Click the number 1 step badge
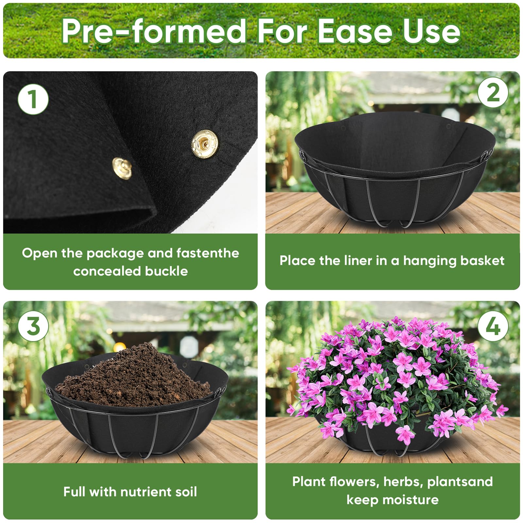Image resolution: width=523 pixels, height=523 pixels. pos(33,99)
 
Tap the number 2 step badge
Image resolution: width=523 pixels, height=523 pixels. pos(493,93)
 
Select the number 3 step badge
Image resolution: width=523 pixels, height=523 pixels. pos(33,326)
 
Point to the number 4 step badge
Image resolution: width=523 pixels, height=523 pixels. pos(493,326)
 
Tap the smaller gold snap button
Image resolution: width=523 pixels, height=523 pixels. pos(122,168)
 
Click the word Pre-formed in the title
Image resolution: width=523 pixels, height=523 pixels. pos(154,31)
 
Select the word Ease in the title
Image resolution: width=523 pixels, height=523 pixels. pos(355,31)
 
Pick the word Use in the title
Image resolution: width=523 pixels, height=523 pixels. pos(431,31)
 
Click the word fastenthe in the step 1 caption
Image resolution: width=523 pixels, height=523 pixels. pos(208,253)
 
